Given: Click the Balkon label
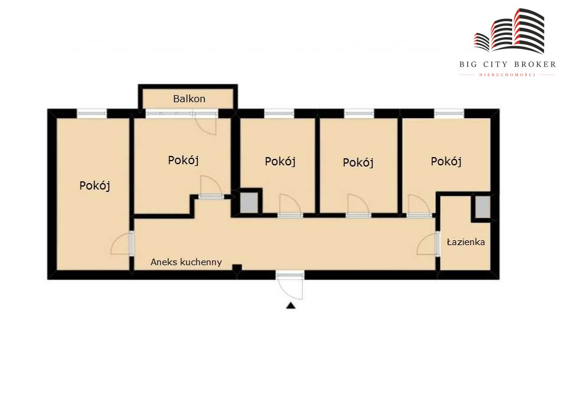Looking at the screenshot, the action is (189, 99).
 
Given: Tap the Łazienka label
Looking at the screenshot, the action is (466, 242).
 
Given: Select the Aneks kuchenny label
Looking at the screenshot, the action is (186, 262).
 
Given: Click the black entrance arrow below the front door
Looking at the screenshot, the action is (291, 306).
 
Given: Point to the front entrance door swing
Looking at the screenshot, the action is (289, 286).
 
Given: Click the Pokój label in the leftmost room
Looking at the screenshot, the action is (94, 186).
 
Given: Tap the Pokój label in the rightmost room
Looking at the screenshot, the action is (447, 161).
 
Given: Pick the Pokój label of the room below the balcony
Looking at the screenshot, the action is (183, 160).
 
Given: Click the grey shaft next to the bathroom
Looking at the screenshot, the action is (483, 207).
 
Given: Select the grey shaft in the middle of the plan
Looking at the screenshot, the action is (249, 203).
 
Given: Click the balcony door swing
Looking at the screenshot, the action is (206, 123).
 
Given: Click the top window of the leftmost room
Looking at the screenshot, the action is (92, 113).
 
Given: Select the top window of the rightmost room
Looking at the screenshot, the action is (449, 113).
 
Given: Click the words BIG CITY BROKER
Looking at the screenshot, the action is (508, 64).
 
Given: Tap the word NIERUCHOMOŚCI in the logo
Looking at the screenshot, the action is (507, 75).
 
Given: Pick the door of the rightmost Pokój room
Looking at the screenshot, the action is (419, 206).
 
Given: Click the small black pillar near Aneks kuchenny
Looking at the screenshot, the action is (237, 268).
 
